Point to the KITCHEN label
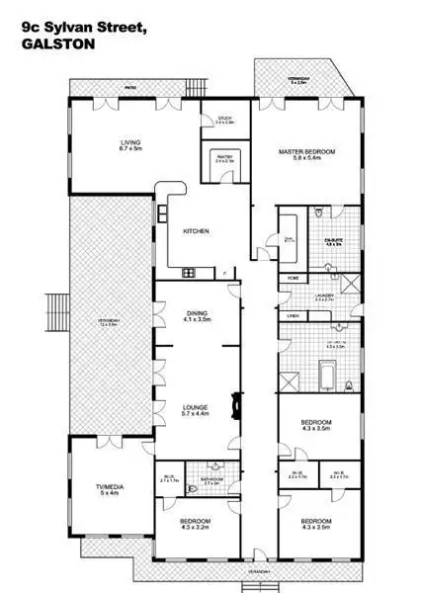point(196,231)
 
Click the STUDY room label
point(224,119)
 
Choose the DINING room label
point(197,315)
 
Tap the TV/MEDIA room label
point(110,487)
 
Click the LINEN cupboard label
point(293,316)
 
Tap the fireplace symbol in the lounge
point(236,401)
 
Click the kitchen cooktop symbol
point(191,272)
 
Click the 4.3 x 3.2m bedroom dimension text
point(196,527)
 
